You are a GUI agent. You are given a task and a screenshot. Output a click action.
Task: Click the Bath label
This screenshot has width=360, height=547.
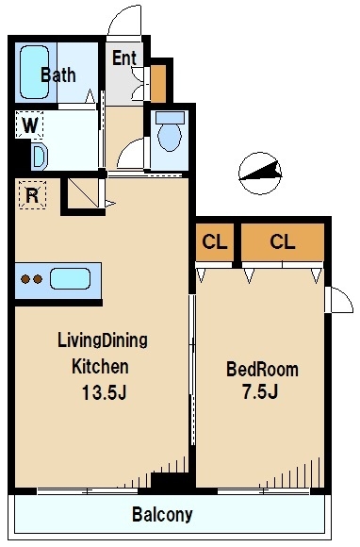pos(58,75)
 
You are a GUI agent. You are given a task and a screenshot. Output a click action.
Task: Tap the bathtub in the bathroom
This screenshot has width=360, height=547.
pos(34,73)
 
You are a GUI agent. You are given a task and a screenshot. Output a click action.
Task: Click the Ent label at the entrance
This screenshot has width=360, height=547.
pos(124,58)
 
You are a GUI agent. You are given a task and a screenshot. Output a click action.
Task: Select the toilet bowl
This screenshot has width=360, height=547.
pos(170,132)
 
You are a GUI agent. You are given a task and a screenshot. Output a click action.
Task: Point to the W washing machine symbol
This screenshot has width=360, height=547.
pos(29,124)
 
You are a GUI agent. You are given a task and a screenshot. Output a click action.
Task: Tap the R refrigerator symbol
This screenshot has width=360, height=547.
pos(32,195)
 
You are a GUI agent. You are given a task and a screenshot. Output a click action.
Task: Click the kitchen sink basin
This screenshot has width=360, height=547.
pos(70,279)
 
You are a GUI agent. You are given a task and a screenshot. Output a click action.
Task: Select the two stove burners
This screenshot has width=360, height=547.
pos(32,279)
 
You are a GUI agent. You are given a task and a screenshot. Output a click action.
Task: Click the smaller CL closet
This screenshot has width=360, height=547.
pos(214,242)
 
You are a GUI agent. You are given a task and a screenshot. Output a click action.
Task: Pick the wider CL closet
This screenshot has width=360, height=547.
pos(283,242)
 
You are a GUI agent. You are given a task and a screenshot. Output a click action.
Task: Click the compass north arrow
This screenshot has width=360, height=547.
pos(260,173)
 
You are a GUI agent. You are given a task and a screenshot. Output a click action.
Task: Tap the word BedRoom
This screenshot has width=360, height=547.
pos(262,370)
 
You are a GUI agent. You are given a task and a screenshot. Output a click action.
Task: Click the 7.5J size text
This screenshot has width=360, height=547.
pos(260,391)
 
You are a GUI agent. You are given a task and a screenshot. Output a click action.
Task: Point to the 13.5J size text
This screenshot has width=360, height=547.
pos(104,393)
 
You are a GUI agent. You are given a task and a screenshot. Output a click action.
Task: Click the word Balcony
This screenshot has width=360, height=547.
pos(162,514)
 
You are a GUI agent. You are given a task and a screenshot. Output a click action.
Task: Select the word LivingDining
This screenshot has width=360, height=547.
pos(103,340)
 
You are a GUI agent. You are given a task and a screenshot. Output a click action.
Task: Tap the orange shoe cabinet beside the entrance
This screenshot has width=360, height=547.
pos(158,84)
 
